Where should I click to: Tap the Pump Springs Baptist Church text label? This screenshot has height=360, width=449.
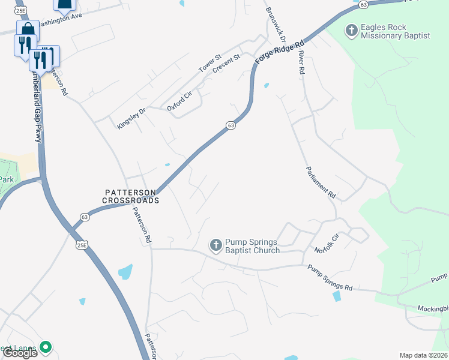click(252, 246)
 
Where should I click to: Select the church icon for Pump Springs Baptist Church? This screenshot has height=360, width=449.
click(215, 245)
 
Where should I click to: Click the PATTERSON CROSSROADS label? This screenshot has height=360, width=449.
click(130, 196)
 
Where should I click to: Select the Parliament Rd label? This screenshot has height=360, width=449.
click(321, 182)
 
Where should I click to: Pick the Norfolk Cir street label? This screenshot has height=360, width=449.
click(327, 242)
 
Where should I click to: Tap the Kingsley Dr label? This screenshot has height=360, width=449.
click(131, 118)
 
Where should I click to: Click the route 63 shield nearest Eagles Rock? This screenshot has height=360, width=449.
click(363, 4)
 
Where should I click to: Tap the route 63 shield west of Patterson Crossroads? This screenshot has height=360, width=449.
click(85, 217)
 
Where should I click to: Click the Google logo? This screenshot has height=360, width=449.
click(19, 353)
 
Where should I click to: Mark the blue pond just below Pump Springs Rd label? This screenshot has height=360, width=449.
click(336, 296)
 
